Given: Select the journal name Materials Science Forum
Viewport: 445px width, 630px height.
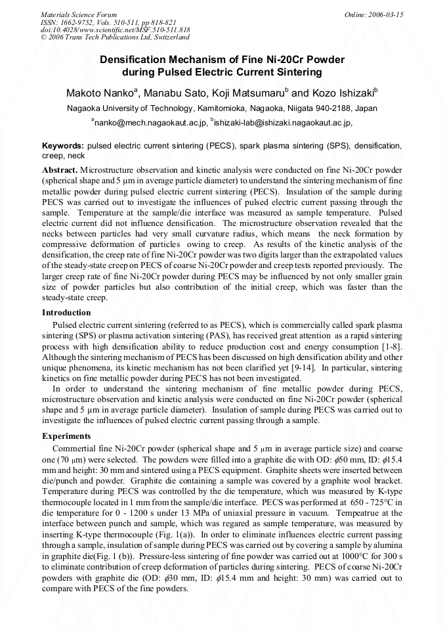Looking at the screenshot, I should pyautogui.click(x=79, y=14).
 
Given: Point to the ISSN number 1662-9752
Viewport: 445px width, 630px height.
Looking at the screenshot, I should pyautogui.click(x=81, y=22).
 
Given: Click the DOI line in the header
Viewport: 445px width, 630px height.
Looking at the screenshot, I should pyautogui.click(x=115, y=30).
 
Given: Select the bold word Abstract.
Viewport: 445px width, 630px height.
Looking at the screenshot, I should pyautogui.click(x=60, y=169).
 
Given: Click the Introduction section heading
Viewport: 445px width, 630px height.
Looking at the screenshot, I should pyautogui.click(x=66, y=313).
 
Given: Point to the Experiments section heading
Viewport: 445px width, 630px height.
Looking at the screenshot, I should pyautogui.click(x=66, y=436).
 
